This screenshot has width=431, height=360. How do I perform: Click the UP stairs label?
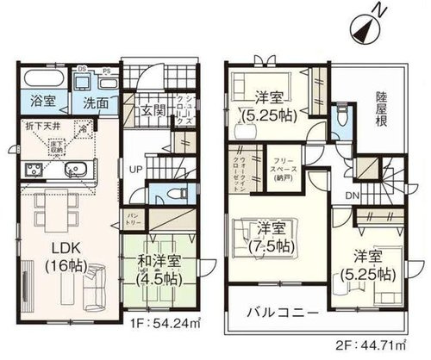136,169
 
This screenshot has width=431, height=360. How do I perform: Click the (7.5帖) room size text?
270,246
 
